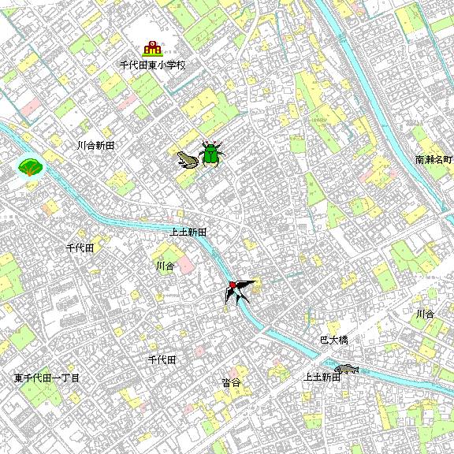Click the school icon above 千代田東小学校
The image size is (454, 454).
152,50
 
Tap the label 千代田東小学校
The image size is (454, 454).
152,66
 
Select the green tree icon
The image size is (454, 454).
30,167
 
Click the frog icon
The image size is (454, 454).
188,160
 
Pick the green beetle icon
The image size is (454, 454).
210,154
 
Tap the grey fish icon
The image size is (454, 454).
346,368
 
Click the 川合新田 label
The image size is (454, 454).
96,146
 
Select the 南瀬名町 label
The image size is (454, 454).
434,160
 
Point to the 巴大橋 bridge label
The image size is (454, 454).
333,340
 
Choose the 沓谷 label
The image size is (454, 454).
231,382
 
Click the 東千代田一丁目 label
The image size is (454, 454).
47,378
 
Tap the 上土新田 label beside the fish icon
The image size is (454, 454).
322,378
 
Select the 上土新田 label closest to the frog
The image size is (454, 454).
188,233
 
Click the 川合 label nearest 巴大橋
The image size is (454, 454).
425,314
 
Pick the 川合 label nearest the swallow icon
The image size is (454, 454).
165,266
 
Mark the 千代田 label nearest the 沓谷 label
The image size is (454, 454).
162,359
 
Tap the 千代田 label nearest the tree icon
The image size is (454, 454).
80,247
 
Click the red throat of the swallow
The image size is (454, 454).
233,284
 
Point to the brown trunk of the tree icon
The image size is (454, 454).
30,173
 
